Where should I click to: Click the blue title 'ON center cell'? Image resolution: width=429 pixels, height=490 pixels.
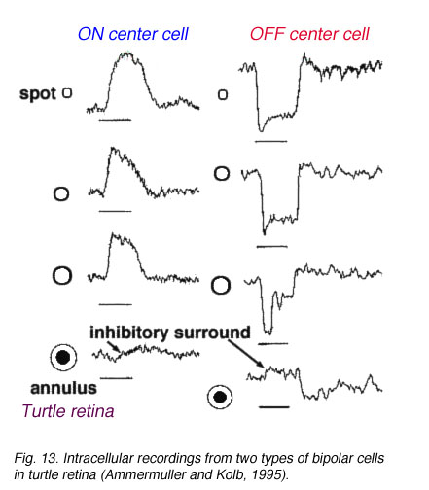[133, 34]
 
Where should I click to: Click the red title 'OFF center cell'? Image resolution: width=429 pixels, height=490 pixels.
[309, 34]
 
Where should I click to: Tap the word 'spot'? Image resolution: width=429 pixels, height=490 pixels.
[38, 94]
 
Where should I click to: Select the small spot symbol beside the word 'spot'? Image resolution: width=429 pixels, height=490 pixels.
[67, 93]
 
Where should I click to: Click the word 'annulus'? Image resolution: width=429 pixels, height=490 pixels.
[63, 388]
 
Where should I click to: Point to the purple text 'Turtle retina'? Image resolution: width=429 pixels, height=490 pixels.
[68, 411]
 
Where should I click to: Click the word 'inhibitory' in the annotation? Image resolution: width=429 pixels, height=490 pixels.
[129, 332]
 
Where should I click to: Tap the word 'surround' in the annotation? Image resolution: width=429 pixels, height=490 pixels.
[212, 332]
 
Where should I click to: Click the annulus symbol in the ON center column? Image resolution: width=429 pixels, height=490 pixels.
[63, 358]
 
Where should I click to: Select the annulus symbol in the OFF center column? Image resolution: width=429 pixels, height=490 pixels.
[220, 397]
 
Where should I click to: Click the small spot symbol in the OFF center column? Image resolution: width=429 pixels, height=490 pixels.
[223, 94]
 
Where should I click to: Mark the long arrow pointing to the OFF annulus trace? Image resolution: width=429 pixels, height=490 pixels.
[245, 353]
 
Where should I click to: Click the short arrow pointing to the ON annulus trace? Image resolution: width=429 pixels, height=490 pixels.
[113, 346]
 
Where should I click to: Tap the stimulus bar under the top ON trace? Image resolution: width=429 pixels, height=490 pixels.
[115, 120]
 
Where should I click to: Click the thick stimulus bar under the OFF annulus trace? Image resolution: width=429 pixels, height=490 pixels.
[274, 407]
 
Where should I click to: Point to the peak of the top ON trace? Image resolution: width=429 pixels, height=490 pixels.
[127, 52]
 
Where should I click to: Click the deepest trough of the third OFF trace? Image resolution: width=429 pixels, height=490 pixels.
[268, 333]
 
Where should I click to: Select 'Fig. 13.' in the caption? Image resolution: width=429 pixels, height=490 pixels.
[36, 458]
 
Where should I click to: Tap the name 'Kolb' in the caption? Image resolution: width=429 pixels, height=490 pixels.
[231, 474]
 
